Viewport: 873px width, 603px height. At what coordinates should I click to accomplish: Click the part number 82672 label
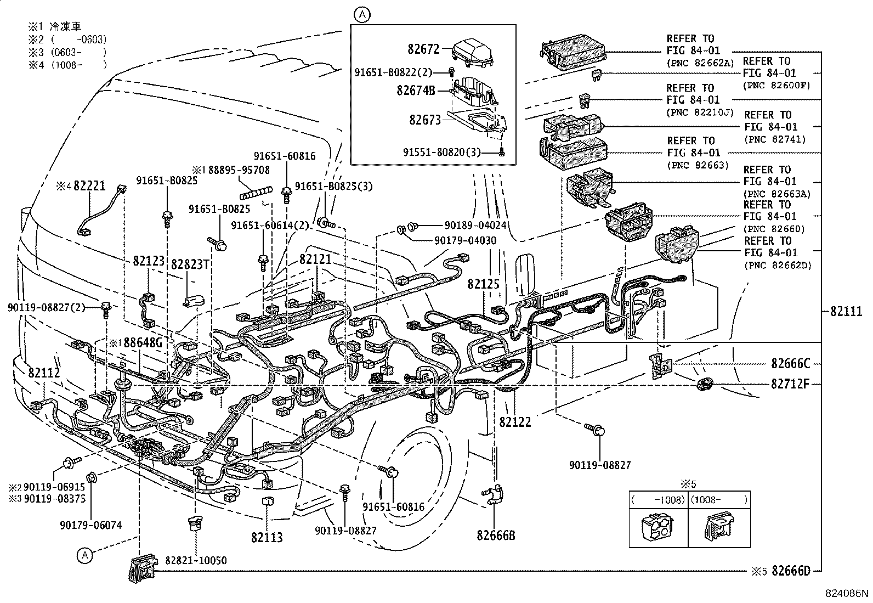[x=423, y=49]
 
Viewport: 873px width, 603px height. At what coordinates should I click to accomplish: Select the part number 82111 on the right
[x=846, y=311]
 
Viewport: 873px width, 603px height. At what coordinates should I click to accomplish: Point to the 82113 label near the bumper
[x=267, y=537]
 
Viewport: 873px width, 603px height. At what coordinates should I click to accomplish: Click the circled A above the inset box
[x=361, y=15]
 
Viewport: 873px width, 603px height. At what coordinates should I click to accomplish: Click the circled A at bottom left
[x=84, y=555]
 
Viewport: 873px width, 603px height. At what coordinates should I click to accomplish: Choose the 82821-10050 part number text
[x=196, y=560]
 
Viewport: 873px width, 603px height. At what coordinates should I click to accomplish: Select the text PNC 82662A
[x=700, y=63]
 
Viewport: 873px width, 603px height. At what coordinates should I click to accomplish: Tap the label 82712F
[x=790, y=384]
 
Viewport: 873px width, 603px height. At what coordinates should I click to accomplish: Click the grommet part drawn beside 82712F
[x=704, y=385]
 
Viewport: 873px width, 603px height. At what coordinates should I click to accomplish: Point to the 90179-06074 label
[x=91, y=525]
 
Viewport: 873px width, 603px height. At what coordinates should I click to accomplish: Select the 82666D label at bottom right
[x=791, y=571]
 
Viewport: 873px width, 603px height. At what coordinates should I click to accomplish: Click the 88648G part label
[x=143, y=343]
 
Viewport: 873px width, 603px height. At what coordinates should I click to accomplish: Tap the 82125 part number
[x=483, y=284]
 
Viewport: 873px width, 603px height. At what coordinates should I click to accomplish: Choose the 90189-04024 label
[x=475, y=225]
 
